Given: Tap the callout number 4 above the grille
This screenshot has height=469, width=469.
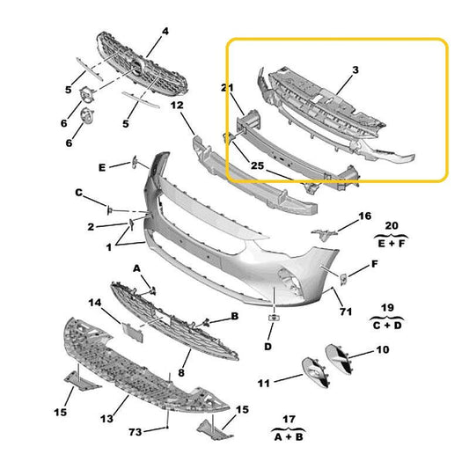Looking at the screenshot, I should pos(164,32).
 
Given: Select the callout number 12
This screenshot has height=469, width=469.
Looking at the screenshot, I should pos(176,106).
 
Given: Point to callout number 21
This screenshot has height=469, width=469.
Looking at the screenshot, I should pos(226,88).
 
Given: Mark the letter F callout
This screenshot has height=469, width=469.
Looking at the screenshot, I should pos(375,263).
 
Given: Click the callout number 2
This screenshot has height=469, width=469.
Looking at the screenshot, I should pos(91,227).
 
